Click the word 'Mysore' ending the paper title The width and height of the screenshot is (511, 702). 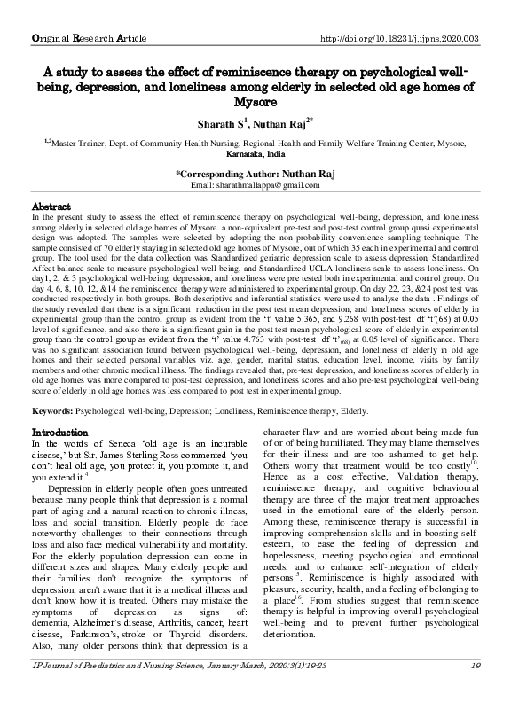click(255, 103)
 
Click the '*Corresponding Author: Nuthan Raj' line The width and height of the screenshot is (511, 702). click(255, 174)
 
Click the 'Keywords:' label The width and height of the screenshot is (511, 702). click(52, 411)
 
